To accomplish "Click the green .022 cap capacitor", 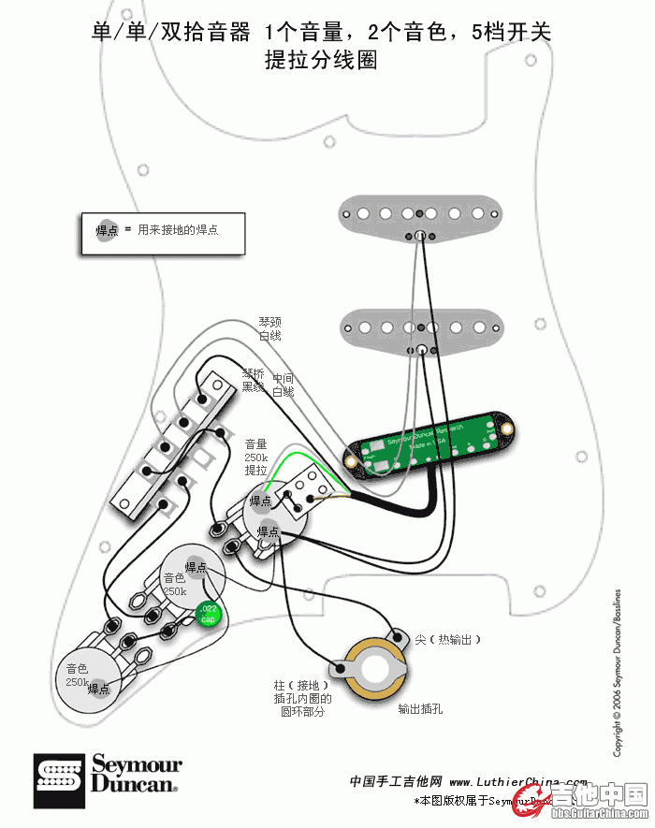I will pos(207,615).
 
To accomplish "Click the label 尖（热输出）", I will pos(447,639).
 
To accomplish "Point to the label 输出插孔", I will pos(420,709).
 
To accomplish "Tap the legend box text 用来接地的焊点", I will pos(178,229).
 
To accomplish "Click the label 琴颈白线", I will pos(269,328).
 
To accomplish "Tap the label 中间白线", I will pos(283,385).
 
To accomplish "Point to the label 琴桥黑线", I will pos(253,380).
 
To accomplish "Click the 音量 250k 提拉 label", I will pos(256,457).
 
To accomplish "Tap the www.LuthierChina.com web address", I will pos(517,781).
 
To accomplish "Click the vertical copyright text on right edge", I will pos(618,674).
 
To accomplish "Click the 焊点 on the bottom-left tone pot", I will pos(98,689).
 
